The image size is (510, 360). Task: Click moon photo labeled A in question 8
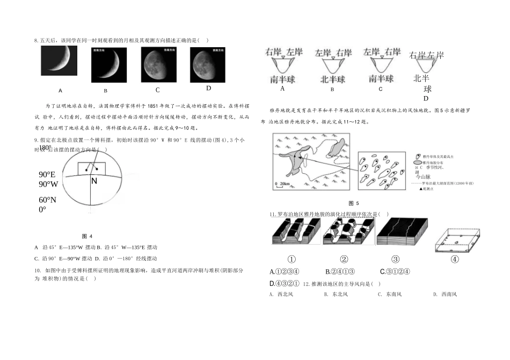[x=59, y=60]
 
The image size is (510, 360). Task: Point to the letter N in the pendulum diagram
[x=94, y=181]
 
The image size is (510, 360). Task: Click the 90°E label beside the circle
[x=47, y=175]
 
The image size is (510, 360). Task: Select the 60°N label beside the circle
[x=48, y=200]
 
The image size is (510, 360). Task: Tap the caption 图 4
[x=87, y=236]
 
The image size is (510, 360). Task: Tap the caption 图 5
[x=354, y=203]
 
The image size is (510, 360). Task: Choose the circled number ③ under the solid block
[x=396, y=259]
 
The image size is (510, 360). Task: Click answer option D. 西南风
[x=445, y=294]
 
